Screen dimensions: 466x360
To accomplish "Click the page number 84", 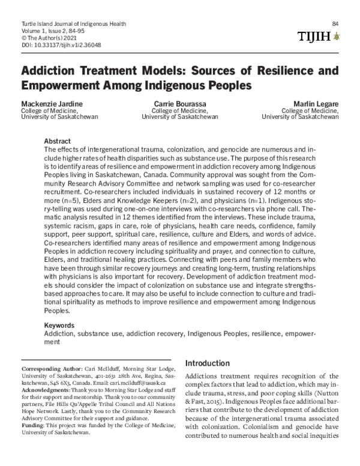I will pyautogui.click(x=335, y=23).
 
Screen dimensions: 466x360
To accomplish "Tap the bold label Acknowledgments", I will pyautogui.click(x=46, y=389).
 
